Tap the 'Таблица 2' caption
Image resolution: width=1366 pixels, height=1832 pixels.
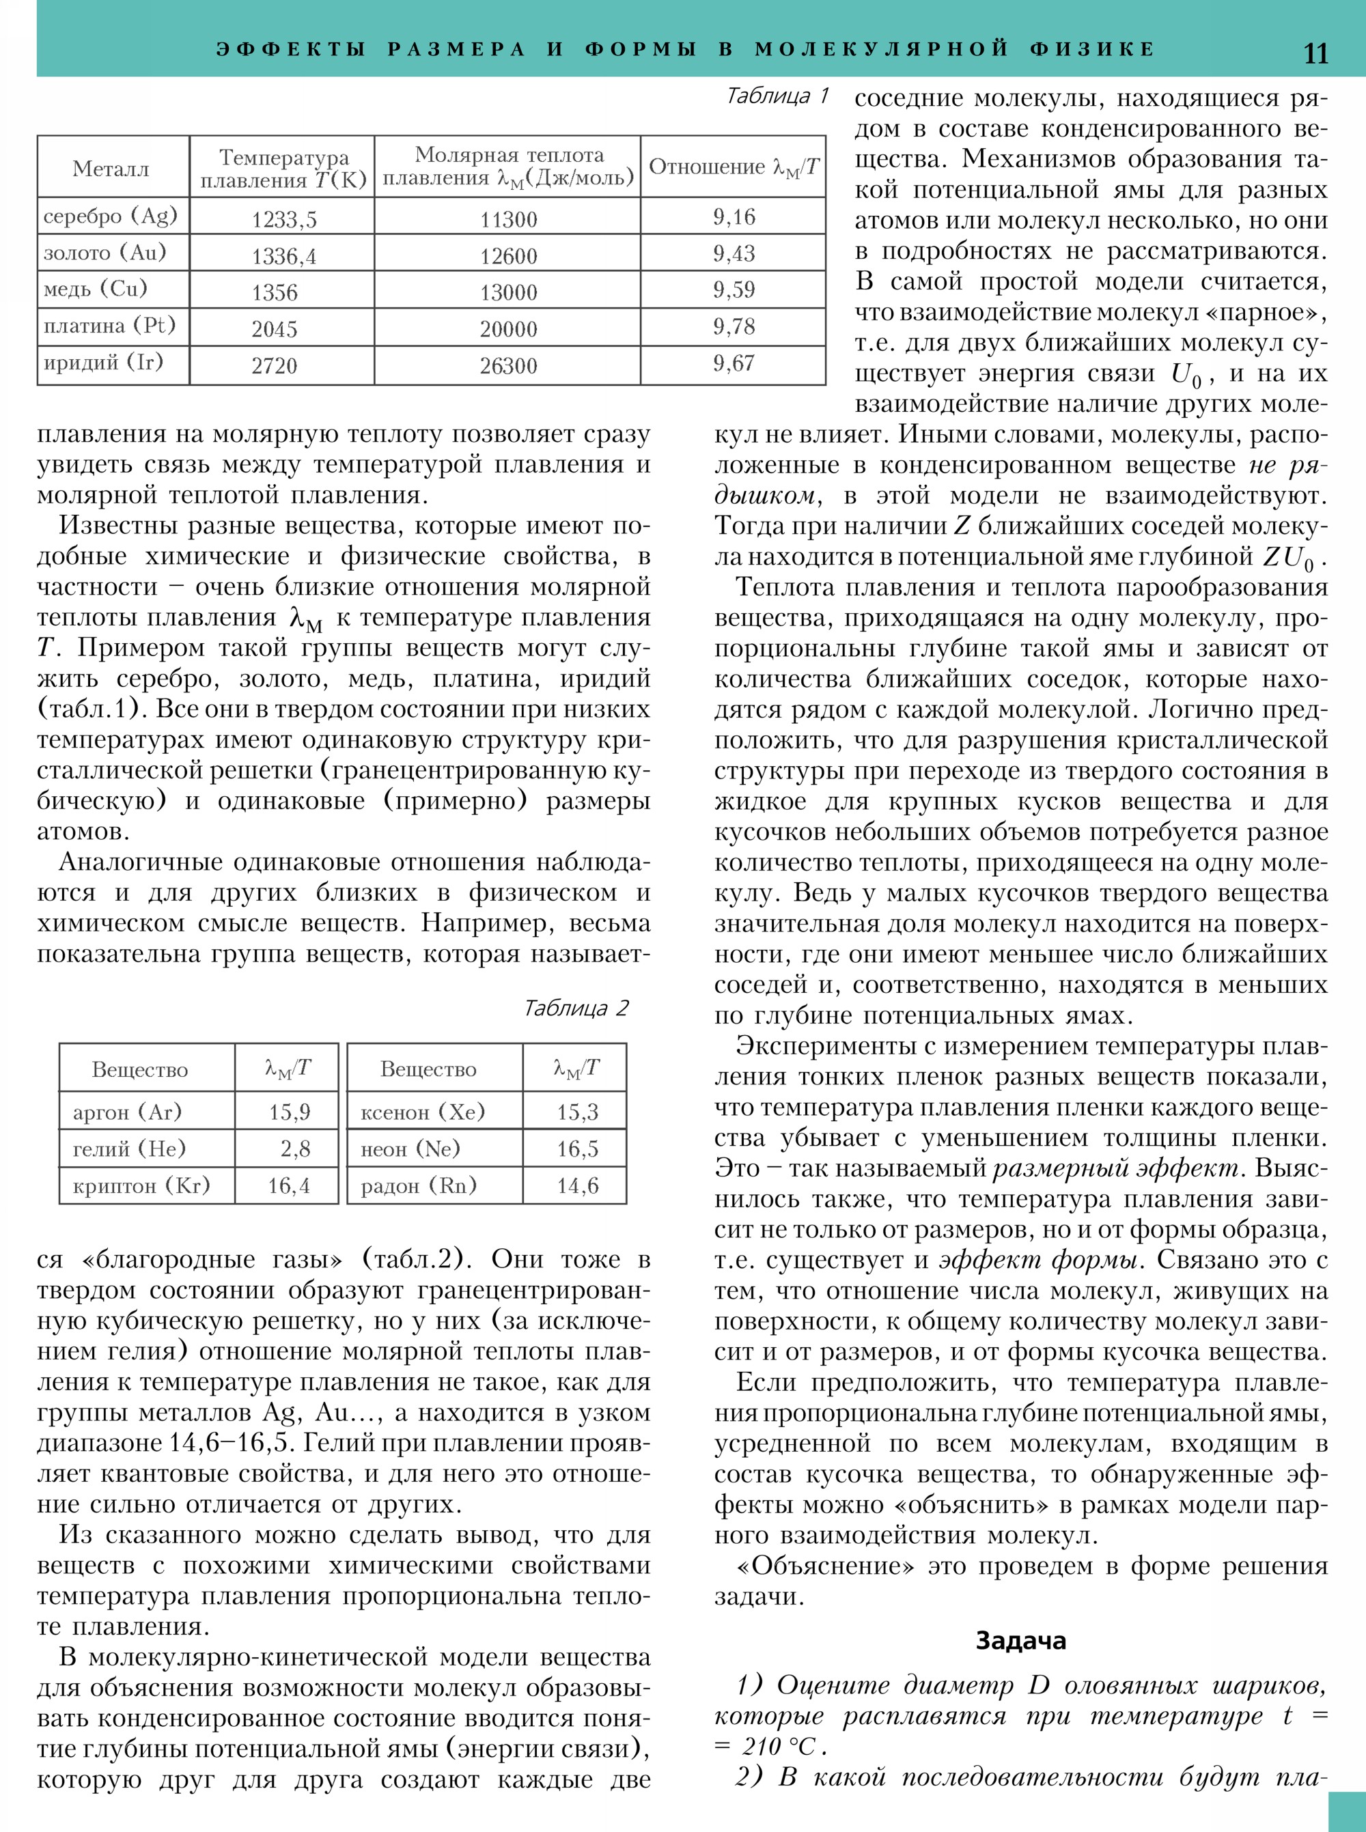pyautogui.click(x=576, y=1008)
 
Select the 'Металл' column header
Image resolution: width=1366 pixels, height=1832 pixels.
pyautogui.click(x=111, y=169)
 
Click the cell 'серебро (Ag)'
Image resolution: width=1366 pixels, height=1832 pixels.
pyautogui.click(x=110, y=216)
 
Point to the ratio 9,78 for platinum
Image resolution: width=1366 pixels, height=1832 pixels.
pyautogui.click(x=734, y=326)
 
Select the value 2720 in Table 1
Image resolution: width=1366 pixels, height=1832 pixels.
pyautogui.click(x=274, y=365)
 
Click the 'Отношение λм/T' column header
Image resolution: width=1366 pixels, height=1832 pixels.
pyautogui.click(x=734, y=167)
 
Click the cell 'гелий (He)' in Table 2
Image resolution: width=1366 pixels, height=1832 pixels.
pyautogui.click(x=129, y=1148)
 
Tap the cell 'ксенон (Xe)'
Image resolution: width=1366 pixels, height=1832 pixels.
pyautogui.click(x=423, y=1112)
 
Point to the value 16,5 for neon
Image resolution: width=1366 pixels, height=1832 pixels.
pyautogui.click(x=577, y=1148)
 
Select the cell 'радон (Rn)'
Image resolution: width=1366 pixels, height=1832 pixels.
pyautogui.click(x=419, y=1185)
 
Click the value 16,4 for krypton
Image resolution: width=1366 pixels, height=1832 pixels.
pyautogui.click(x=289, y=1185)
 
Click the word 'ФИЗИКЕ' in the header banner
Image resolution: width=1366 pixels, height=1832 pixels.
pyautogui.click(x=1092, y=48)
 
